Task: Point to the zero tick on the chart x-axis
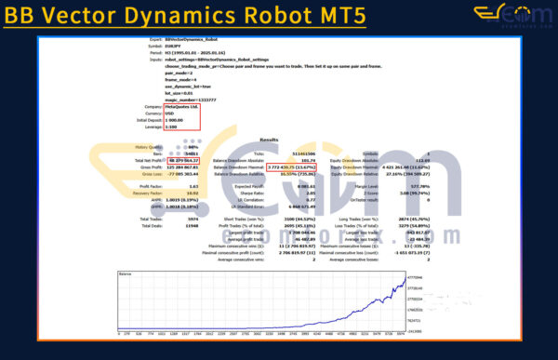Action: click(x=118, y=331)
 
